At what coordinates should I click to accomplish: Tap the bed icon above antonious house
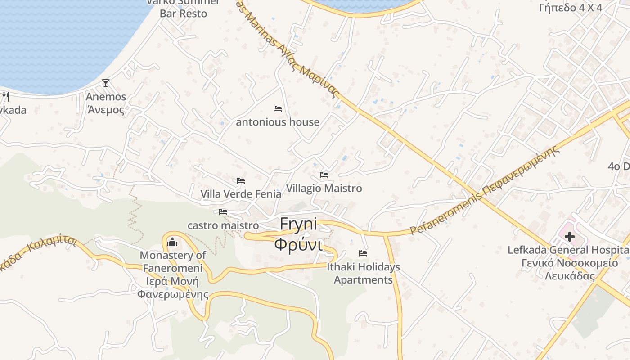(278, 109)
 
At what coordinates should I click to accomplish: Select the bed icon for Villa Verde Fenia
(241, 181)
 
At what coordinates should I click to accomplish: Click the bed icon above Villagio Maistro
(324, 175)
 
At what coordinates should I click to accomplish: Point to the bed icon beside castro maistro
(223, 212)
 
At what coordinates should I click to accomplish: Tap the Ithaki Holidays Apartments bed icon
(363, 253)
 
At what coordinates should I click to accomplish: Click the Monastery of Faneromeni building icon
(172, 243)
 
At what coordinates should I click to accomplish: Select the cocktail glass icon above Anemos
(106, 83)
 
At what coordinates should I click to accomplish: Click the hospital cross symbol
(570, 237)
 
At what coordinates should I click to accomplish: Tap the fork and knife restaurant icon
(6, 96)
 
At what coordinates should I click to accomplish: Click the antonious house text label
(278, 122)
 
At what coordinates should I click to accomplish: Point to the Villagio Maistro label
(324, 188)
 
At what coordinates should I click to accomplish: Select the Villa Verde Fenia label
(241, 194)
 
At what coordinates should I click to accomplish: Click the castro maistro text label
(223, 225)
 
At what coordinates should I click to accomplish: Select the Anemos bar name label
(106, 103)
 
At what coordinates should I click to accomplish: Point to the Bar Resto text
(183, 13)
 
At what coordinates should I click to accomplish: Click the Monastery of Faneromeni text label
(173, 274)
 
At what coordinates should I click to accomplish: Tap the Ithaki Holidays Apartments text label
(363, 273)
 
